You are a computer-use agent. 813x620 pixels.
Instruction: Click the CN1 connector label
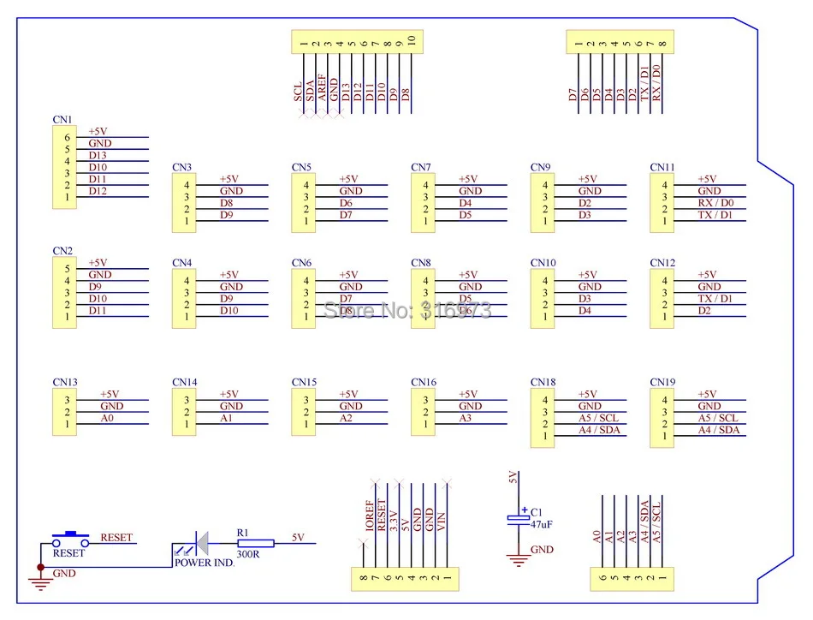[62, 119]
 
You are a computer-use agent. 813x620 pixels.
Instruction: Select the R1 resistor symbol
[255, 543]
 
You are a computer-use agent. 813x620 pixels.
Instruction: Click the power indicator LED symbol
[199, 543]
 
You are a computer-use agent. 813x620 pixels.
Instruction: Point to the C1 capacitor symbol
[518, 518]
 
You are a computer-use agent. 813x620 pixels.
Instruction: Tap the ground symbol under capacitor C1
[518, 561]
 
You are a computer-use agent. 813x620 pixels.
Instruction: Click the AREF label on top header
[322, 87]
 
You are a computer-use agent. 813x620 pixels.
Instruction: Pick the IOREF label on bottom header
[370, 516]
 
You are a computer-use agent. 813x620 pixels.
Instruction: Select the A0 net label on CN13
[108, 418]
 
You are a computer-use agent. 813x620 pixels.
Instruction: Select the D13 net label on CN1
[98, 155]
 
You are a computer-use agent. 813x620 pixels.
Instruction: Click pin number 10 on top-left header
[412, 40]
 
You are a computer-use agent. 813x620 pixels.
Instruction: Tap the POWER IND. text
[205, 563]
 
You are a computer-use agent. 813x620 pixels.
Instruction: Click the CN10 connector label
[543, 263]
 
